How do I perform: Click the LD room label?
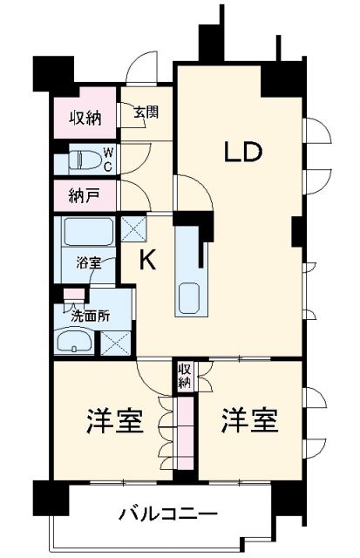[x=243, y=153]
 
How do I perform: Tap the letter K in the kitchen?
[x=148, y=261]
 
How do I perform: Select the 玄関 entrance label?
[x=146, y=112]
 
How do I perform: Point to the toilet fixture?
[x=85, y=160]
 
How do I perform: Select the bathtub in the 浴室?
[x=86, y=234]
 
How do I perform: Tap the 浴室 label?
[x=88, y=262]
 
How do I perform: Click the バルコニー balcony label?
[x=168, y=514]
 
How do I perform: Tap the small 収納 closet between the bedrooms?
[x=185, y=376]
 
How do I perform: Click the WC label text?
[x=108, y=159]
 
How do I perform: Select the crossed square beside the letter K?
[x=133, y=228]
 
